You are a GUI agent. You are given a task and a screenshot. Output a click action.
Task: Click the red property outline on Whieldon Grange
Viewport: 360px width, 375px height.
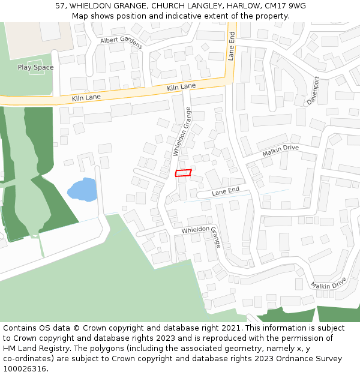coord(183,173)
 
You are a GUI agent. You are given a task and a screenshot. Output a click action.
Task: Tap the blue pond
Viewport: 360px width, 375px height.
coord(82,190)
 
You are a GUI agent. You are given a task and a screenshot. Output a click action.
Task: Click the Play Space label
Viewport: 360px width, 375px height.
coord(35,67)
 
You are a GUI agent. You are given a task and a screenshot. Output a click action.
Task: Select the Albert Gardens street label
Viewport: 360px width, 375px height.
coord(121,41)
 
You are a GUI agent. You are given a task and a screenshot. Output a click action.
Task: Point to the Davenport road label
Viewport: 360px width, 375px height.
coord(314,91)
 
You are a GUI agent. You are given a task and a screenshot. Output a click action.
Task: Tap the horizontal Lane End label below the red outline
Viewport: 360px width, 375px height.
coord(226,191)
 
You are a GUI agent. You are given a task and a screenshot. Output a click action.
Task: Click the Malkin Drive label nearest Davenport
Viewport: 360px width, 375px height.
coord(280,151)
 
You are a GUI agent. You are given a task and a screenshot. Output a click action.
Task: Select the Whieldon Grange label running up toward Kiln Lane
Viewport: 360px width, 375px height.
coord(182,131)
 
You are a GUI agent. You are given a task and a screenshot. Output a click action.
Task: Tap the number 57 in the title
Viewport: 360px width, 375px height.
coord(60,5)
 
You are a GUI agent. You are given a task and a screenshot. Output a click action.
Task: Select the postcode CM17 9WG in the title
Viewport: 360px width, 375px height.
coord(288,5)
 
